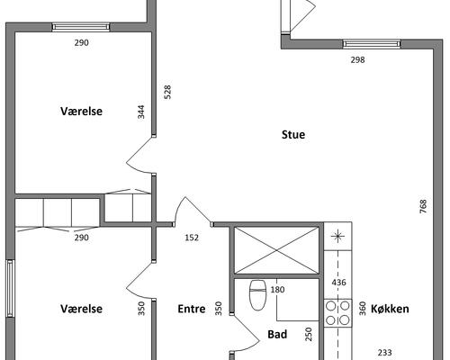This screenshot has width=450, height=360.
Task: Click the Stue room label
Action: pyautogui.click(x=293, y=134)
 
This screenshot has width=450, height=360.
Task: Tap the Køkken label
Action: pyautogui.click(x=390, y=309)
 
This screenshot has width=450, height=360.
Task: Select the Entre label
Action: pyautogui.click(x=192, y=309)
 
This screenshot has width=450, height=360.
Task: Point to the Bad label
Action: pyautogui.click(x=277, y=334)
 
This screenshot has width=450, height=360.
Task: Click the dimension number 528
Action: pyautogui.click(x=167, y=92)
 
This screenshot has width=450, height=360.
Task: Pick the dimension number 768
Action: pyautogui.click(x=423, y=206)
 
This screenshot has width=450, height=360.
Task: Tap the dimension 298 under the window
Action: pyautogui.click(x=357, y=60)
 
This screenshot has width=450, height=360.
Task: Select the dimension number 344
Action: pyautogui.click(x=141, y=112)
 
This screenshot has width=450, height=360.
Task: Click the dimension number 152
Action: pyautogui.click(x=192, y=238)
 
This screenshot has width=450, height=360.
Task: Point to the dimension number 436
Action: pyautogui.click(x=338, y=283)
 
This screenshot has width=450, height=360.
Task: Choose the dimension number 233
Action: pyautogui.click(x=384, y=353)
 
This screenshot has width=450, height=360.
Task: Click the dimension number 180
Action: pyautogui.click(x=277, y=290)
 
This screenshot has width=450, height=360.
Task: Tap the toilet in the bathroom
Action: pyautogui.click(x=257, y=295)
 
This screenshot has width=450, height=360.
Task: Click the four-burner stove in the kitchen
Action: pyautogui.click(x=337, y=313)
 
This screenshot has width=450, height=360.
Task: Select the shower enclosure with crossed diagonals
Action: pyautogui.click(x=276, y=250)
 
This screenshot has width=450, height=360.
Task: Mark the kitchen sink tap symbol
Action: pyautogui.click(x=337, y=237)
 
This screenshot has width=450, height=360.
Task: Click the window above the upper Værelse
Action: pyautogui.click(x=81, y=27)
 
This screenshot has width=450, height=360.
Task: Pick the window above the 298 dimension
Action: pyautogui.click(x=372, y=44)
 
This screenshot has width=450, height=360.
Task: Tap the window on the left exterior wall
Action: pyautogui.click(x=10, y=289)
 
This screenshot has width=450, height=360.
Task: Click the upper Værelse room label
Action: pyautogui.click(x=81, y=111)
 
